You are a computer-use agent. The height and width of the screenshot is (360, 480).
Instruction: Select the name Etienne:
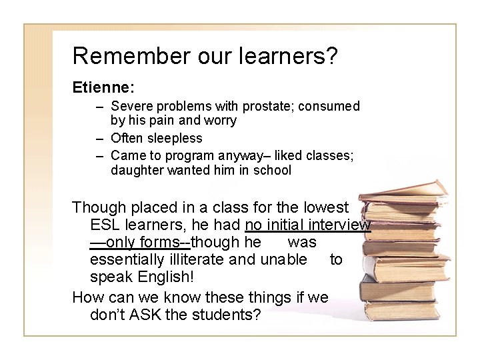(103, 87)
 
